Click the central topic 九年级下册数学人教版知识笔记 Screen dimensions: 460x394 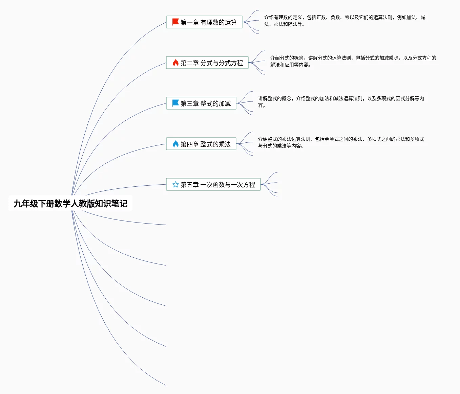coord(70,203)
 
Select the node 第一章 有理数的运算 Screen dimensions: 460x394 coord(204,22)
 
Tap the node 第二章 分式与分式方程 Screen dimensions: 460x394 coord(207,63)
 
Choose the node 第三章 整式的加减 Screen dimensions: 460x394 coord(201,103)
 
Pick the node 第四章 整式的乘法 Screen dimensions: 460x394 coord(201,144)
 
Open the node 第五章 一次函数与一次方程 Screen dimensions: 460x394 coord(213,185)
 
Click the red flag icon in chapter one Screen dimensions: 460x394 coord(175,22)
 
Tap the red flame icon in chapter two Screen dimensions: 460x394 coord(175,63)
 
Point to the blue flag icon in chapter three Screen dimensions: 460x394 coord(175,103)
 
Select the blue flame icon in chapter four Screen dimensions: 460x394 coord(175,144)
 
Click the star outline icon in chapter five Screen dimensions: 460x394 coord(175,184)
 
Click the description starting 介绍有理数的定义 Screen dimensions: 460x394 coord(344,21)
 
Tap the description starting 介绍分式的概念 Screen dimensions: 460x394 coord(353,61)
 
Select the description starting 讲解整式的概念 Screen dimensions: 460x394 coord(341,102)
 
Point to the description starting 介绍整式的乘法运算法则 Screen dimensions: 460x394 coord(341,142)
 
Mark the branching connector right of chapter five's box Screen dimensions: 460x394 coord(269,184)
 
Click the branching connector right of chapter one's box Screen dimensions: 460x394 coord(251,22)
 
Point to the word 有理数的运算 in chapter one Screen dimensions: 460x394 coord(218,22)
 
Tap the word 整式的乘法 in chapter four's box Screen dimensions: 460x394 coord(215,144)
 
